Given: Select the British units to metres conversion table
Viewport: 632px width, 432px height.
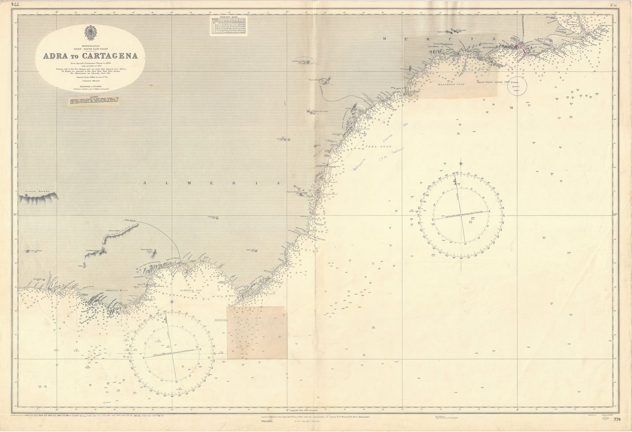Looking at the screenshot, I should click(230, 27).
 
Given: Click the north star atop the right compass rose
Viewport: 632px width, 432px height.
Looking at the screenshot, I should click(462, 161).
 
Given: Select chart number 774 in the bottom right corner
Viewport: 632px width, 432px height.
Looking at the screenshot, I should click(618, 419).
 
